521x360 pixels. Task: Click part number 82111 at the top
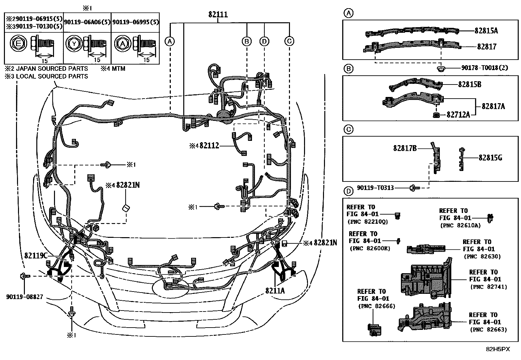[218, 15]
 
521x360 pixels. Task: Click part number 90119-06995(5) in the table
[135, 22]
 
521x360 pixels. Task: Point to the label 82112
[209, 146]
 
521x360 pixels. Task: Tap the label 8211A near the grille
[275, 290]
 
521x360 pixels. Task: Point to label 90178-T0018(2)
[485, 68]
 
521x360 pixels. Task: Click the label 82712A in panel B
[458, 115]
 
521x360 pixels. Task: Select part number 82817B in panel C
[405, 148]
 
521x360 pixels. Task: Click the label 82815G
[490, 158]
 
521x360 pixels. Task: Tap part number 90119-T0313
[375, 188]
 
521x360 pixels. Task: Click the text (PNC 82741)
[488, 287]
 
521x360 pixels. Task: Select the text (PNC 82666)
[377, 306]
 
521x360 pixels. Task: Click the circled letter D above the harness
[264, 41]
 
